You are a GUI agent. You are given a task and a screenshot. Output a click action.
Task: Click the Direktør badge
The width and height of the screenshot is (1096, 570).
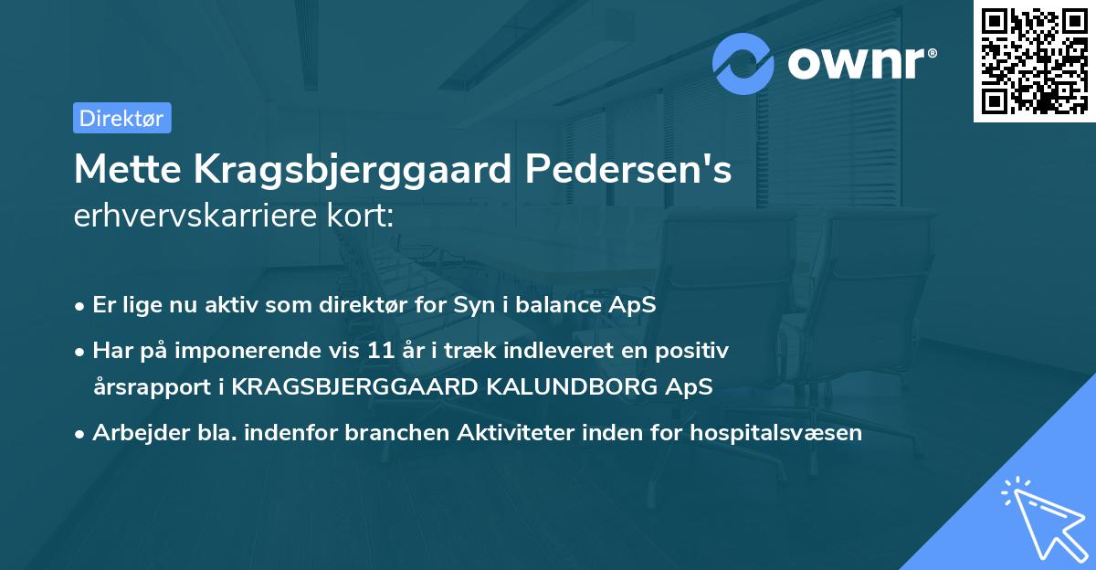coord(121,118)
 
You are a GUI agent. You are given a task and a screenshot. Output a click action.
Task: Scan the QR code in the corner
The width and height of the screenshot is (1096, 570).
coord(1034,60)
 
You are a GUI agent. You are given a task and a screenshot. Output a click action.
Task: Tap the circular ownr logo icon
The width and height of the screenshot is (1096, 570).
coord(743,63)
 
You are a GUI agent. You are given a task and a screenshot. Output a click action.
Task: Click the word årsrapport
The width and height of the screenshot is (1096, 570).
coord(153,386)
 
